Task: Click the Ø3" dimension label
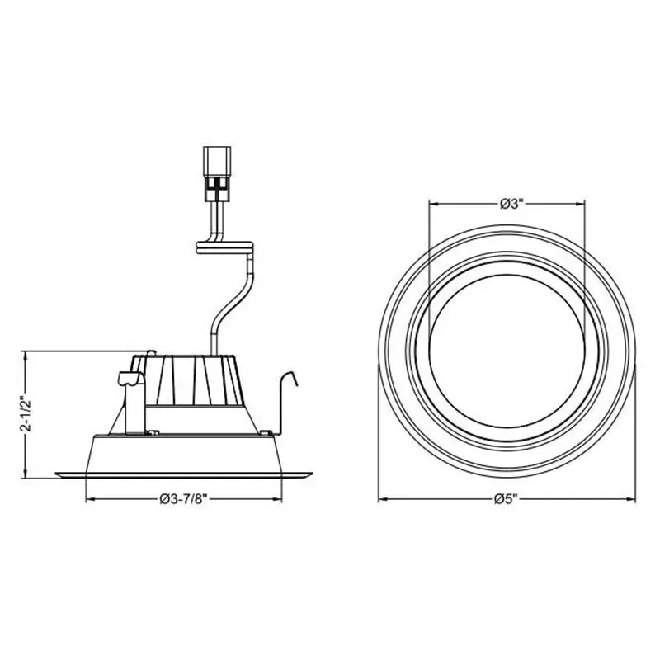(x=507, y=205)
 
